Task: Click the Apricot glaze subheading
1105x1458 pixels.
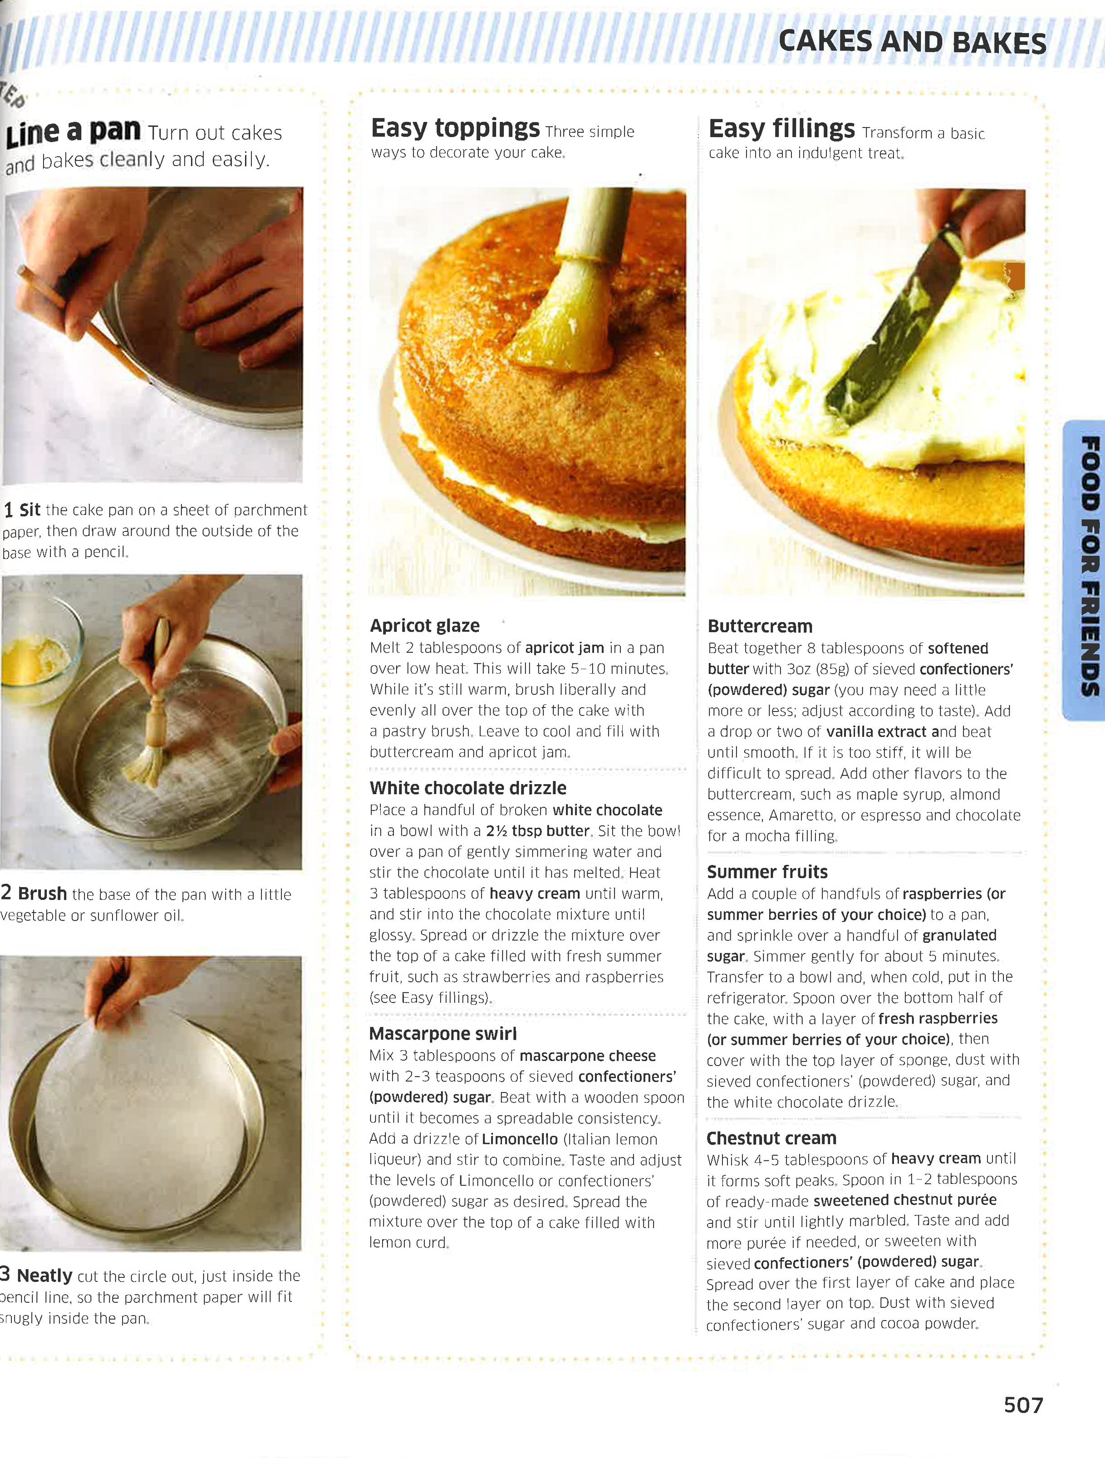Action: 425,625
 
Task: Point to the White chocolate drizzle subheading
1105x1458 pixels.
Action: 467,788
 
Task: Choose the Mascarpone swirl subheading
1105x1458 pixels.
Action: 442,1034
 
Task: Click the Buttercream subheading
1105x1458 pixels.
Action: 760,626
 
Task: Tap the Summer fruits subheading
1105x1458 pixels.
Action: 767,872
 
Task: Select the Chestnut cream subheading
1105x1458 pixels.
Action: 771,1139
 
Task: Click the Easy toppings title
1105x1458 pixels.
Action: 455,128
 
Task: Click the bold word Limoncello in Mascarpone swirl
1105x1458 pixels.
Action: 520,1139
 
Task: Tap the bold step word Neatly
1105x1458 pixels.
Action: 44,1276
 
